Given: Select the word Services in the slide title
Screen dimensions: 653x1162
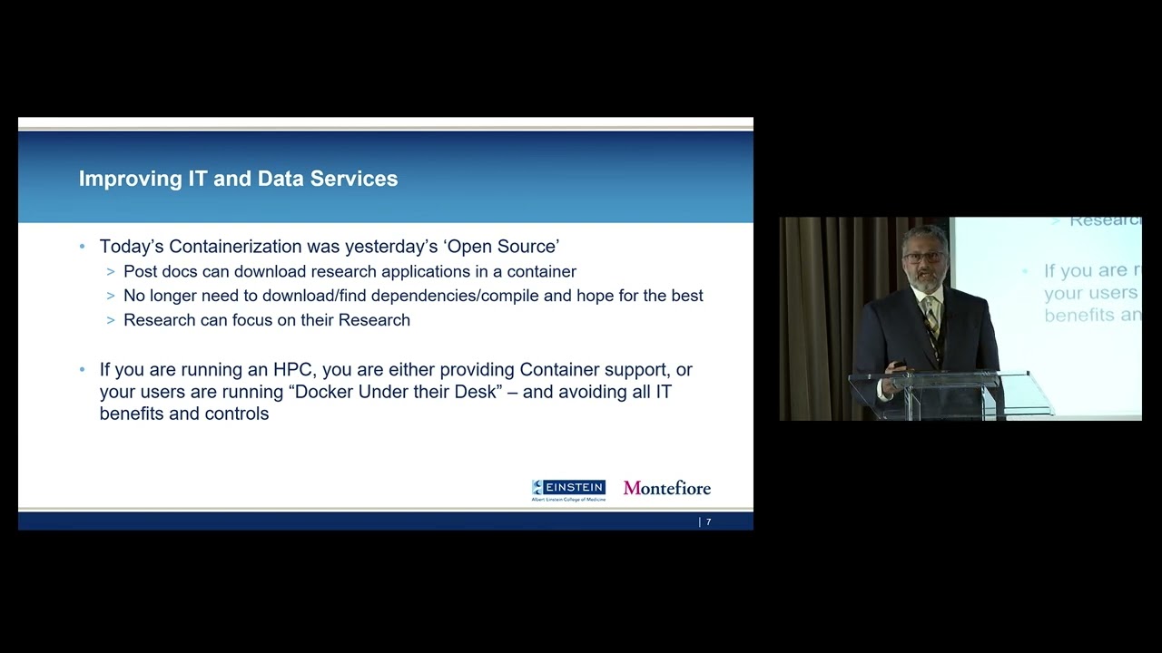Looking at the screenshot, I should click(x=354, y=179).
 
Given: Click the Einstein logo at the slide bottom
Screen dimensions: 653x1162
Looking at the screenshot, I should click(x=568, y=490).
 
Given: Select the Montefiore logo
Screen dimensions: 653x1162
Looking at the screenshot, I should click(x=667, y=488).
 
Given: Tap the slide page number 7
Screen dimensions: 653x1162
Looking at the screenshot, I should click(x=709, y=522).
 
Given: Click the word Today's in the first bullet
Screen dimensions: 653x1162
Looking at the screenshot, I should click(x=132, y=247).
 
